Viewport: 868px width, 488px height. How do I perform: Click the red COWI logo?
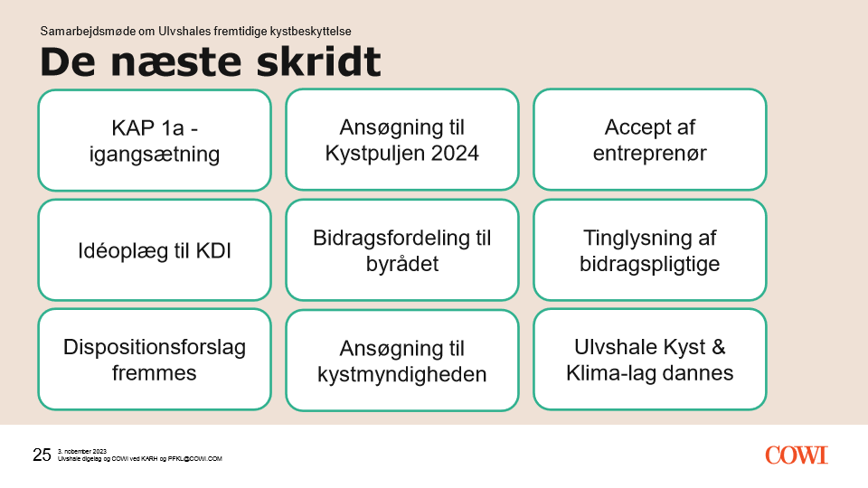[x=797, y=455]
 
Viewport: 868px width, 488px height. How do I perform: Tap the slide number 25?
[x=42, y=455]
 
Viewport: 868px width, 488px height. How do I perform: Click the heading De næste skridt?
[x=211, y=61]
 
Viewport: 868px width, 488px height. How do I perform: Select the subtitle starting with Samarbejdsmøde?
[x=195, y=31]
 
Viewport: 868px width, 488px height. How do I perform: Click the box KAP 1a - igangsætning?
[x=155, y=140]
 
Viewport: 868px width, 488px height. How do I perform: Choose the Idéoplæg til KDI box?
[x=155, y=250]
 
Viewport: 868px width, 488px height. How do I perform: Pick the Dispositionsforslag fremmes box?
[x=155, y=360]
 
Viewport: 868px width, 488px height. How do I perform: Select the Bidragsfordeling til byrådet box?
[x=402, y=250]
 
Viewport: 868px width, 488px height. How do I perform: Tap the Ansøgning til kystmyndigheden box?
[x=402, y=361]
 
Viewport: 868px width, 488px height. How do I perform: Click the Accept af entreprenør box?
[x=650, y=139]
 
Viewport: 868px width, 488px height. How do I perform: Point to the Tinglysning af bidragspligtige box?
[x=650, y=250]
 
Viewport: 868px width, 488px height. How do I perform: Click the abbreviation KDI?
[x=213, y=250]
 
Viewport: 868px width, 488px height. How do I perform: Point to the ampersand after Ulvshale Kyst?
[x=719, y=347]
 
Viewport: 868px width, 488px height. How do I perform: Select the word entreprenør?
[x=650, y=154]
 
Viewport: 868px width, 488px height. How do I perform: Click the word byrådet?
[x=402, y=265]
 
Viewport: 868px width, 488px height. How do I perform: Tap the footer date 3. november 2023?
[x=82, y=452]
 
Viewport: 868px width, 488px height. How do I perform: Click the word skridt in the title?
[x=319, y=61]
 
